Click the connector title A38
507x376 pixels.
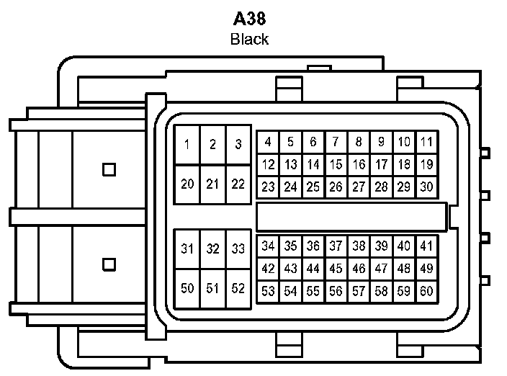click(x=249, y=19)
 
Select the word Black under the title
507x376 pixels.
click(x=249, y=39)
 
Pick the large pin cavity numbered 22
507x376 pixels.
click(x=238, y=184)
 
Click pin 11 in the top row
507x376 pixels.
click(x=427, y=142)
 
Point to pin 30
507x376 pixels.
click(x=427, y=187)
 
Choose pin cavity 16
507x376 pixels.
click(x=359, y=165)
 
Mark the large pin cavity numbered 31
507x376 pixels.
click(x=187, y=249)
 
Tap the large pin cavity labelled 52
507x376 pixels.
click(x=238, y=289)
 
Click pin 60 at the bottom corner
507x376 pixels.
click(x=427, y=292)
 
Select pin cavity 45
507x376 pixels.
click(x=336, y=269)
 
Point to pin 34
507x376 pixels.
click(x=268, y=246)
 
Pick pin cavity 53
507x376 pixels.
click(x=268, y=292)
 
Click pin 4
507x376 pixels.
click(x=268, y=142)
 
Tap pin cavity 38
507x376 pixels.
click(x=359, y=246)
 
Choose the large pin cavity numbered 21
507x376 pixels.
click(x=212, y=184)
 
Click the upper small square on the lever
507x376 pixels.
click(x=109, y=169)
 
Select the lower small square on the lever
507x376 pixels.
click(x=109, y=264)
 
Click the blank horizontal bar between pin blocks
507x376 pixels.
click(x=351, y=217)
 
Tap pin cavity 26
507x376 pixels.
click(x=336, y=187)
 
